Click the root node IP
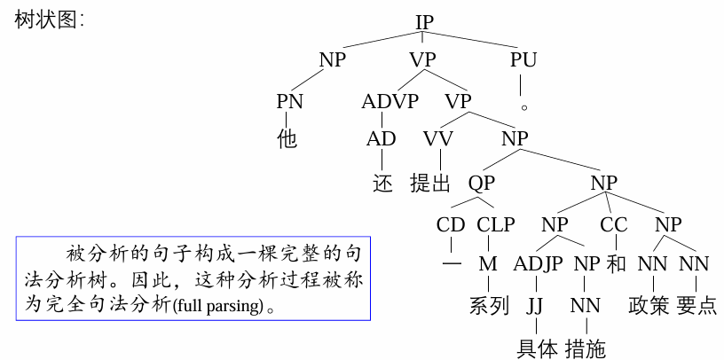429,21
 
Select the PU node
523,61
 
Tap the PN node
289,100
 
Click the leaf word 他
288,138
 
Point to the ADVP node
390,100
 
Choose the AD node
382,139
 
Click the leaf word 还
382,184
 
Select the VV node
437,139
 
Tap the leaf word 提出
431,184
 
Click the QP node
482,184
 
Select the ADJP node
538,263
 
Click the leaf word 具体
538,348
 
